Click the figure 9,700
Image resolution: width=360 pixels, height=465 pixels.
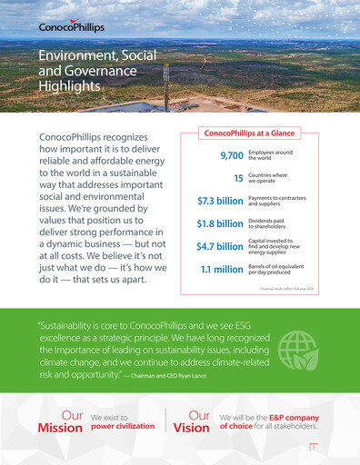[225, 157]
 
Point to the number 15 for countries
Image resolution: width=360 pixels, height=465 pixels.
[237, 179]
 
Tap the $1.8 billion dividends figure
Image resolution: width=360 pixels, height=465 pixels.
[220, 223]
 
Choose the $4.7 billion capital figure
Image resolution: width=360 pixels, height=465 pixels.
[220, 246]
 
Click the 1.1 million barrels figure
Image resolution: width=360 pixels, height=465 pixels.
[222, 269]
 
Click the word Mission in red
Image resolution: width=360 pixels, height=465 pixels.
[60, 428]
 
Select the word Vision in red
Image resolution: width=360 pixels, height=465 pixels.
[191, 428]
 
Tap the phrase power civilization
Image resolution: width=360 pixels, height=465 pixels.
[124, 425]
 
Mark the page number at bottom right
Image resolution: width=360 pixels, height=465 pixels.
[313, 448]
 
